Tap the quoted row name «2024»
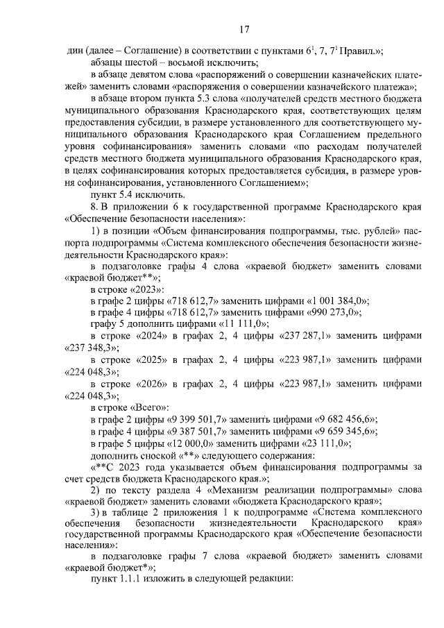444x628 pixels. pos(149,335)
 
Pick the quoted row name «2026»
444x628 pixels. pos(149,383)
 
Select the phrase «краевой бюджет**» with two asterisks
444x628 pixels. pos(110,275)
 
